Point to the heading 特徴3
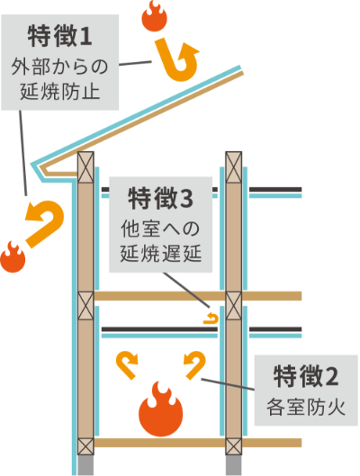coord(161,196)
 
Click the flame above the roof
coord(155,15)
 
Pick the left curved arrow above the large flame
coord(128,363)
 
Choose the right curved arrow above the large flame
coord(194,363)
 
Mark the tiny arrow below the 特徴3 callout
coord(212,317)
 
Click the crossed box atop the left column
coord(85,165)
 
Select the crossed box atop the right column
coord(233,165)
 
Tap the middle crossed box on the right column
coord(233,303)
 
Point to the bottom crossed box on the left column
coord(85,445)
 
